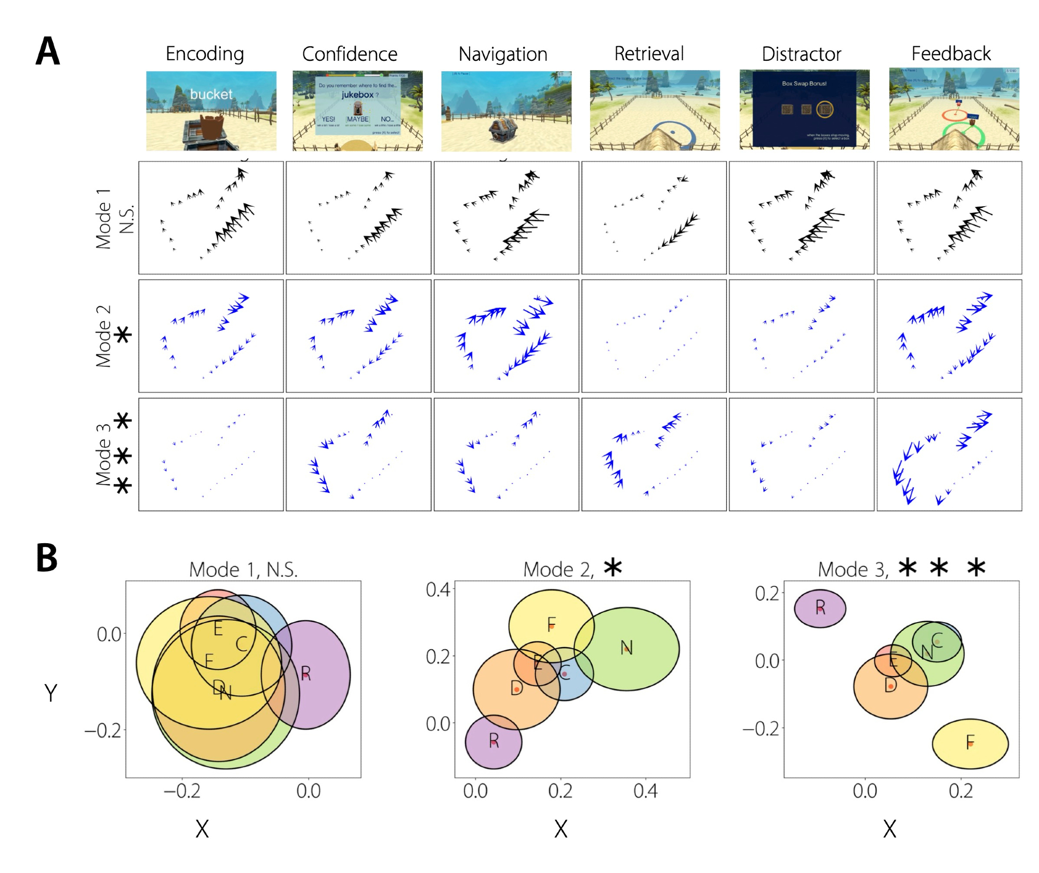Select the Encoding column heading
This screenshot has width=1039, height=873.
click(x=205, y=53)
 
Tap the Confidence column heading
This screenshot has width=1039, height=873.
click(x=350, y=53)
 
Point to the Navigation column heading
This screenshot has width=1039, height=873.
click(x=503, y=53)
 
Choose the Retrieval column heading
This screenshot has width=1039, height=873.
click(x=649, y=53)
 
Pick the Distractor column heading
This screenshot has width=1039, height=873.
click(x=801, y=53)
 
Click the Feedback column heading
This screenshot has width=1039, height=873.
click(x=951, y=53)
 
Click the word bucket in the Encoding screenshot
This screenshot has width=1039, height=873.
click(x=211, y=94)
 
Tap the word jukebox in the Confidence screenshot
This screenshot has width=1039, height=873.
click(x=357, y=95)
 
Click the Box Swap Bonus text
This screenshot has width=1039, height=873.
click(x=804, y=83)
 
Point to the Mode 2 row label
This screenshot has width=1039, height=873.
click(x=103, y=336)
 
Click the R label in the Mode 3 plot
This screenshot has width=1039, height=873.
click(x=820, y=607)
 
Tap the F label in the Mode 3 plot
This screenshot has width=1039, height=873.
click(x=970, y=742)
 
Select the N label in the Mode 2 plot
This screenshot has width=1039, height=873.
click(x=627, y=647)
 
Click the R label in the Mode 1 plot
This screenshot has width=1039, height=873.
click(x=305, y=674)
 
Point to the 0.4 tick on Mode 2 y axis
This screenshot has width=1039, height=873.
click(x=437, y=589)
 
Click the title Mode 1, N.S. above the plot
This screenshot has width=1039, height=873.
click(x=243, y=570)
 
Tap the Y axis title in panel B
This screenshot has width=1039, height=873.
click(x=50, y=693)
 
